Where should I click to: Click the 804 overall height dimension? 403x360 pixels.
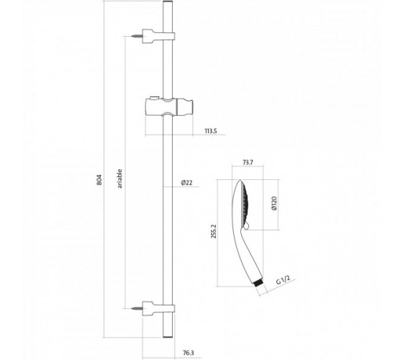click(100, 180)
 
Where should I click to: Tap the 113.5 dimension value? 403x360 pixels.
click(211, 131)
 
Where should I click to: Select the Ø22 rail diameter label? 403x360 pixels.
click(187, 183)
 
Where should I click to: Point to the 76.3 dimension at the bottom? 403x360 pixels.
click(189, 353)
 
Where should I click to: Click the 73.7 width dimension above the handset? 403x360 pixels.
click(248, 163)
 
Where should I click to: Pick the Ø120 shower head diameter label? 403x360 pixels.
click(274, 203)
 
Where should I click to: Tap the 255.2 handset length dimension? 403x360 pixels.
click(214, 231)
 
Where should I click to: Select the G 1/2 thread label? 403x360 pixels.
click(283, 279)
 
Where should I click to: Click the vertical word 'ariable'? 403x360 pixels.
click(119, 179)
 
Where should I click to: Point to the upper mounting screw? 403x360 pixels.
click(137, 36)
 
